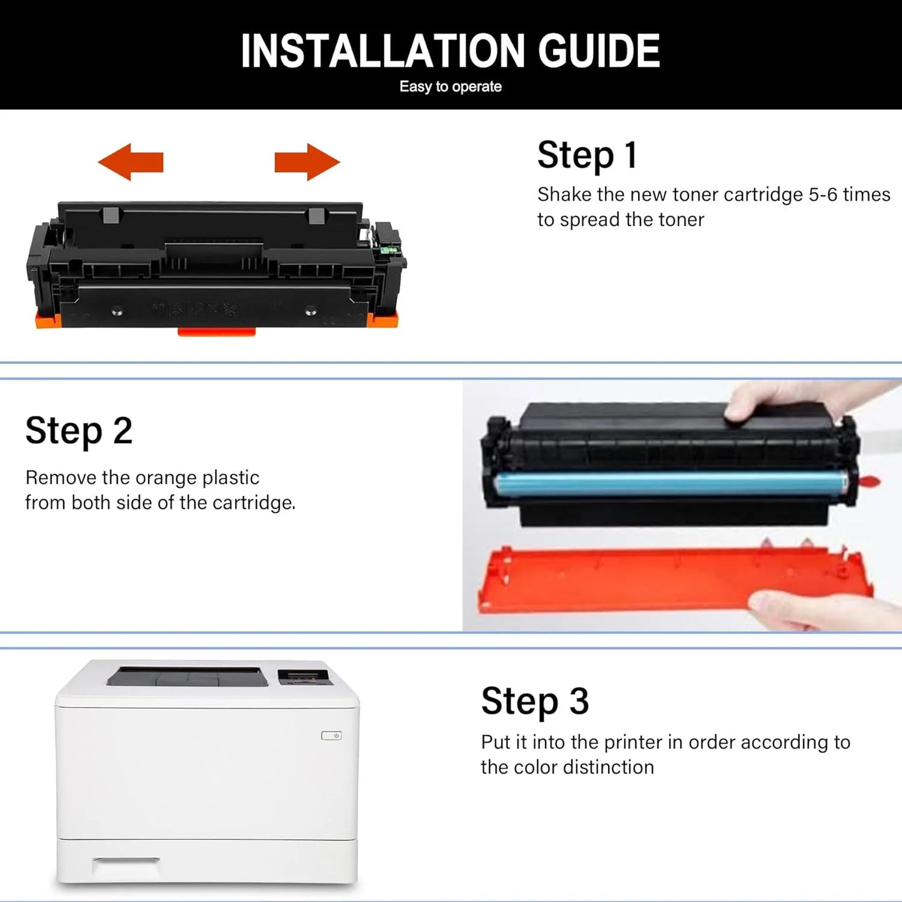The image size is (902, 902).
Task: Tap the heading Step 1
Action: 587,155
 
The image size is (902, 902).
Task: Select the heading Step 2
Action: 79,431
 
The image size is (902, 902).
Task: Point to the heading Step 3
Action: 534,701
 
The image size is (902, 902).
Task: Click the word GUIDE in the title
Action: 599,51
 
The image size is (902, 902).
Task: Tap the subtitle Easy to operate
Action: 450,87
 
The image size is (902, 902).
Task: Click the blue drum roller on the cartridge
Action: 671,484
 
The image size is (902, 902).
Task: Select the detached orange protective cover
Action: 668,577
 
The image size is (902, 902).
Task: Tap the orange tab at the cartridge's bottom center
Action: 217,331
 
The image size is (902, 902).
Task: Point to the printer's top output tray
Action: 187,677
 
